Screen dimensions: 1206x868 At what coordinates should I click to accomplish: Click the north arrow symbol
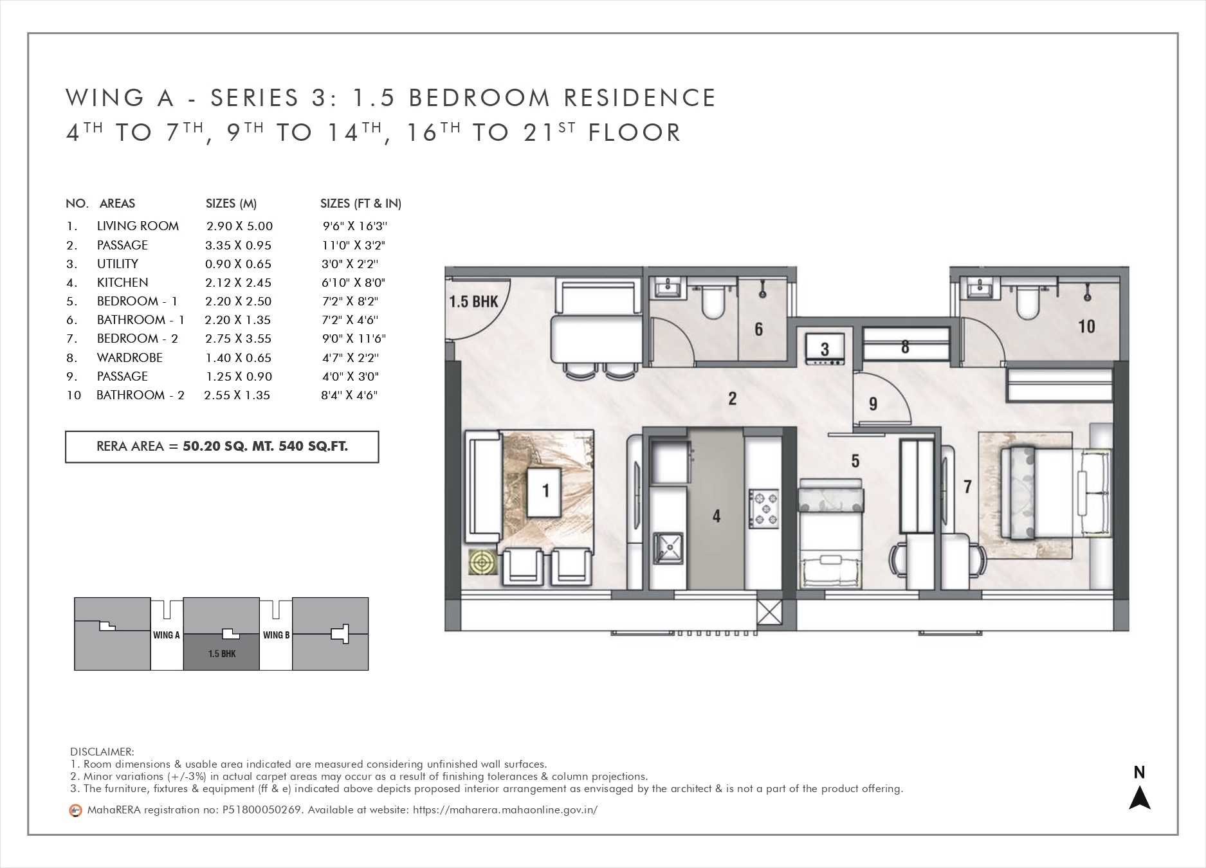point(1140,798)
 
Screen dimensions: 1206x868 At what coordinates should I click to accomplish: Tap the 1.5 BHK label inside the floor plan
point(474,301)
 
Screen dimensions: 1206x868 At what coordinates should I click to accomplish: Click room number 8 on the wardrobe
point(906,347)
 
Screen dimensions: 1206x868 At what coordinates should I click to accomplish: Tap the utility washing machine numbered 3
point(825,349)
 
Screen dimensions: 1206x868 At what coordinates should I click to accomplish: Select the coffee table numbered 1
point(545,492)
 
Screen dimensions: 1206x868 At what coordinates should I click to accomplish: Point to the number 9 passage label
point(873,404)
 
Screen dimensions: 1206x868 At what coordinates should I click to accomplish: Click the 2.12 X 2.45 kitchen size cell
point(238,282)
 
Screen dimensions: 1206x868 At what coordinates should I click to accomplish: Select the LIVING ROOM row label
point(138,226)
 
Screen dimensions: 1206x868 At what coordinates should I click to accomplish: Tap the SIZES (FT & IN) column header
point(361,204)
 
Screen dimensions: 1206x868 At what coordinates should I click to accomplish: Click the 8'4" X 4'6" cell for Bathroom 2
point(349,395)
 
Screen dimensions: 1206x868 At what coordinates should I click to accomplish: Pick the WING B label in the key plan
point(276,635)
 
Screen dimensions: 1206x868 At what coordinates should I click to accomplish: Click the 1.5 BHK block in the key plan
point(221,653)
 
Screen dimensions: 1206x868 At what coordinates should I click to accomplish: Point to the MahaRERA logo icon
point(75,811)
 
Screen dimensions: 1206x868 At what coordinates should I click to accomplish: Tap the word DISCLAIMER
point(102,752)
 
